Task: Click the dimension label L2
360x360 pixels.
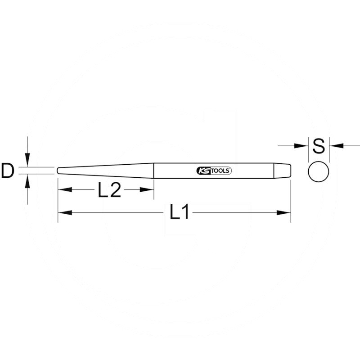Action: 109,189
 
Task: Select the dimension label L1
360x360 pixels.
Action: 179,211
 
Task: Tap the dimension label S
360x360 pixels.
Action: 319,146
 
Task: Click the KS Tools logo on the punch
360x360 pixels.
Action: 214,171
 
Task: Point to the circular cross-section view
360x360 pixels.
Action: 319,171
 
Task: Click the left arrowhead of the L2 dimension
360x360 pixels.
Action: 65,189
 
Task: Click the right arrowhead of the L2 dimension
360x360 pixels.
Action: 147,189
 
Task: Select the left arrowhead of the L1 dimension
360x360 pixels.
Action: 65,213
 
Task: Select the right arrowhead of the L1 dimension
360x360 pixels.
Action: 284,213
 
